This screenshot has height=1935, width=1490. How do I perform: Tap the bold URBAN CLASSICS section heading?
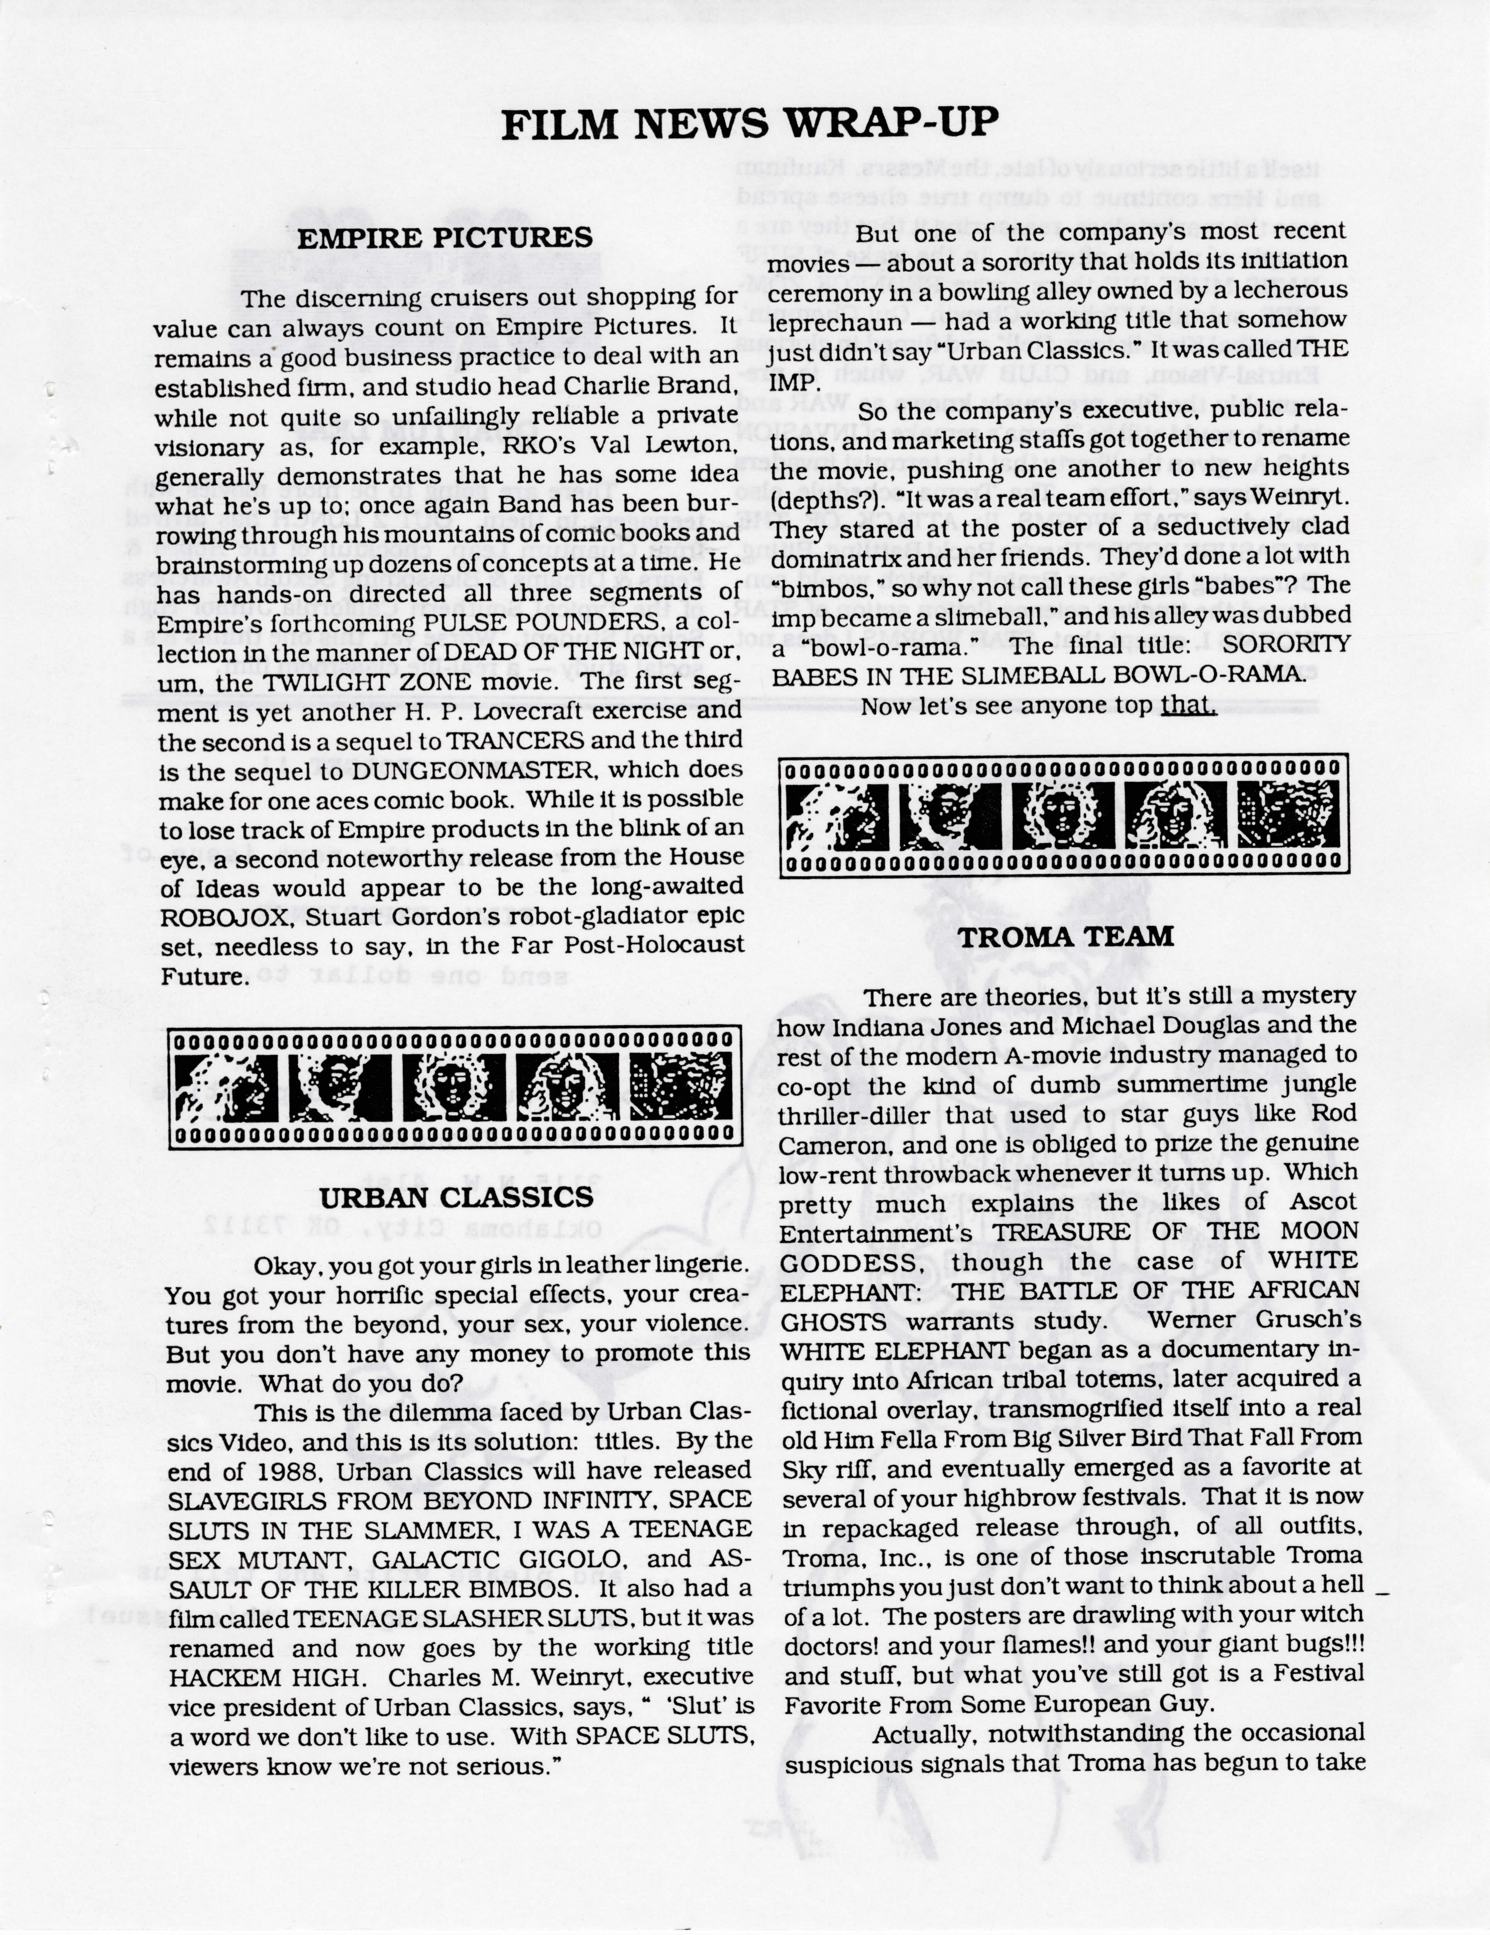click(x=456, y=1198)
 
